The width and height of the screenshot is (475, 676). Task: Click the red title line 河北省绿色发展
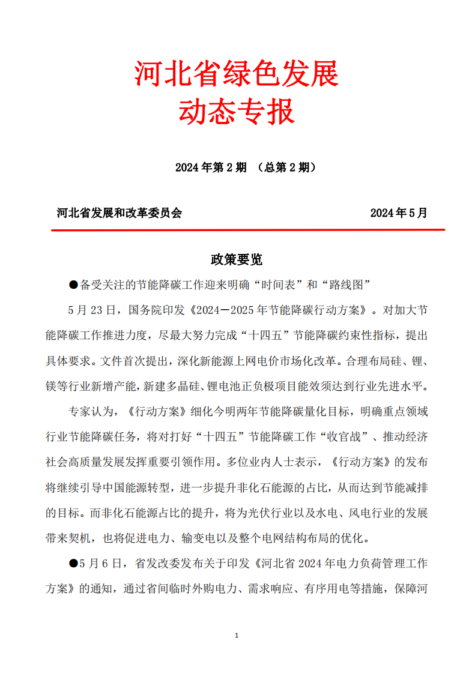(x=237, y=73)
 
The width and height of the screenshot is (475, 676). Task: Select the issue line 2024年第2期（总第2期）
(x=246, y=167)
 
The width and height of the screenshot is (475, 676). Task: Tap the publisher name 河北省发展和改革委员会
(x=119, y=213)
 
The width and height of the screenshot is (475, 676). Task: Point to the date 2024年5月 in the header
(x=398, y=213)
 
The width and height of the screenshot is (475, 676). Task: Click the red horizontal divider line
(x=247, y=229)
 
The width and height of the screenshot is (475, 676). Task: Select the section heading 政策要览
(x=237, y=259)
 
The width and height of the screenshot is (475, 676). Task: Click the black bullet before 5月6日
(x=74, y=563)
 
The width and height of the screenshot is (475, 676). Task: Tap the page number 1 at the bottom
(x=237, y=635)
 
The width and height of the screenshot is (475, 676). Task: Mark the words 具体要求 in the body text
(x=70, y=361)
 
